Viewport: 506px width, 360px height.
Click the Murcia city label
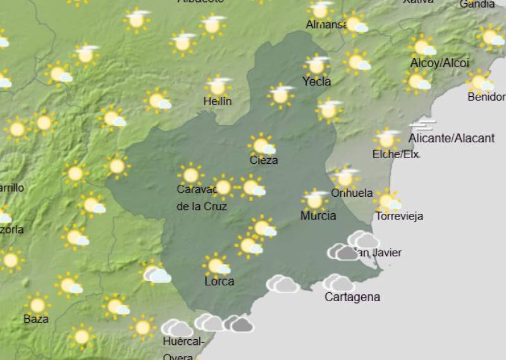tap(318, 216)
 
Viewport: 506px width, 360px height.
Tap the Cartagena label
tap(352, 297)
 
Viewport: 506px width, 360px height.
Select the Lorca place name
tap(219, 282)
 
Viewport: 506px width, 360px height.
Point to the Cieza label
tap(264, 160)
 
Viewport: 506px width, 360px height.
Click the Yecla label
tap(316, 81)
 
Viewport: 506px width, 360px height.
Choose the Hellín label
tap(218, 101)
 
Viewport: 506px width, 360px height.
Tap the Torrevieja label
tap(399, 216)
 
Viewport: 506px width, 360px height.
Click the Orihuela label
tap(352, 193)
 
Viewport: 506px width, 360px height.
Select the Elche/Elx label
tap(396, 154)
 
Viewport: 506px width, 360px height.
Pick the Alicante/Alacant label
tap(452, 138)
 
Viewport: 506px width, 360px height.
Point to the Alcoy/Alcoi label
tap(440, 63)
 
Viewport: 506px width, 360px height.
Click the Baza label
tap(36, 319)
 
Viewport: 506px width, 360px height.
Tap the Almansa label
tap(327, 25)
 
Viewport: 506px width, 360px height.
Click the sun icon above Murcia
tap(314, 200)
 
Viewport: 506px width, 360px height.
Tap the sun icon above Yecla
tap(316, 65)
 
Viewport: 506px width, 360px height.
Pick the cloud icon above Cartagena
tap(339, 282)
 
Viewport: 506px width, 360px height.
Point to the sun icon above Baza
tap(37, 304)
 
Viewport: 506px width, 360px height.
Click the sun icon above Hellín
tap(218, 86)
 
